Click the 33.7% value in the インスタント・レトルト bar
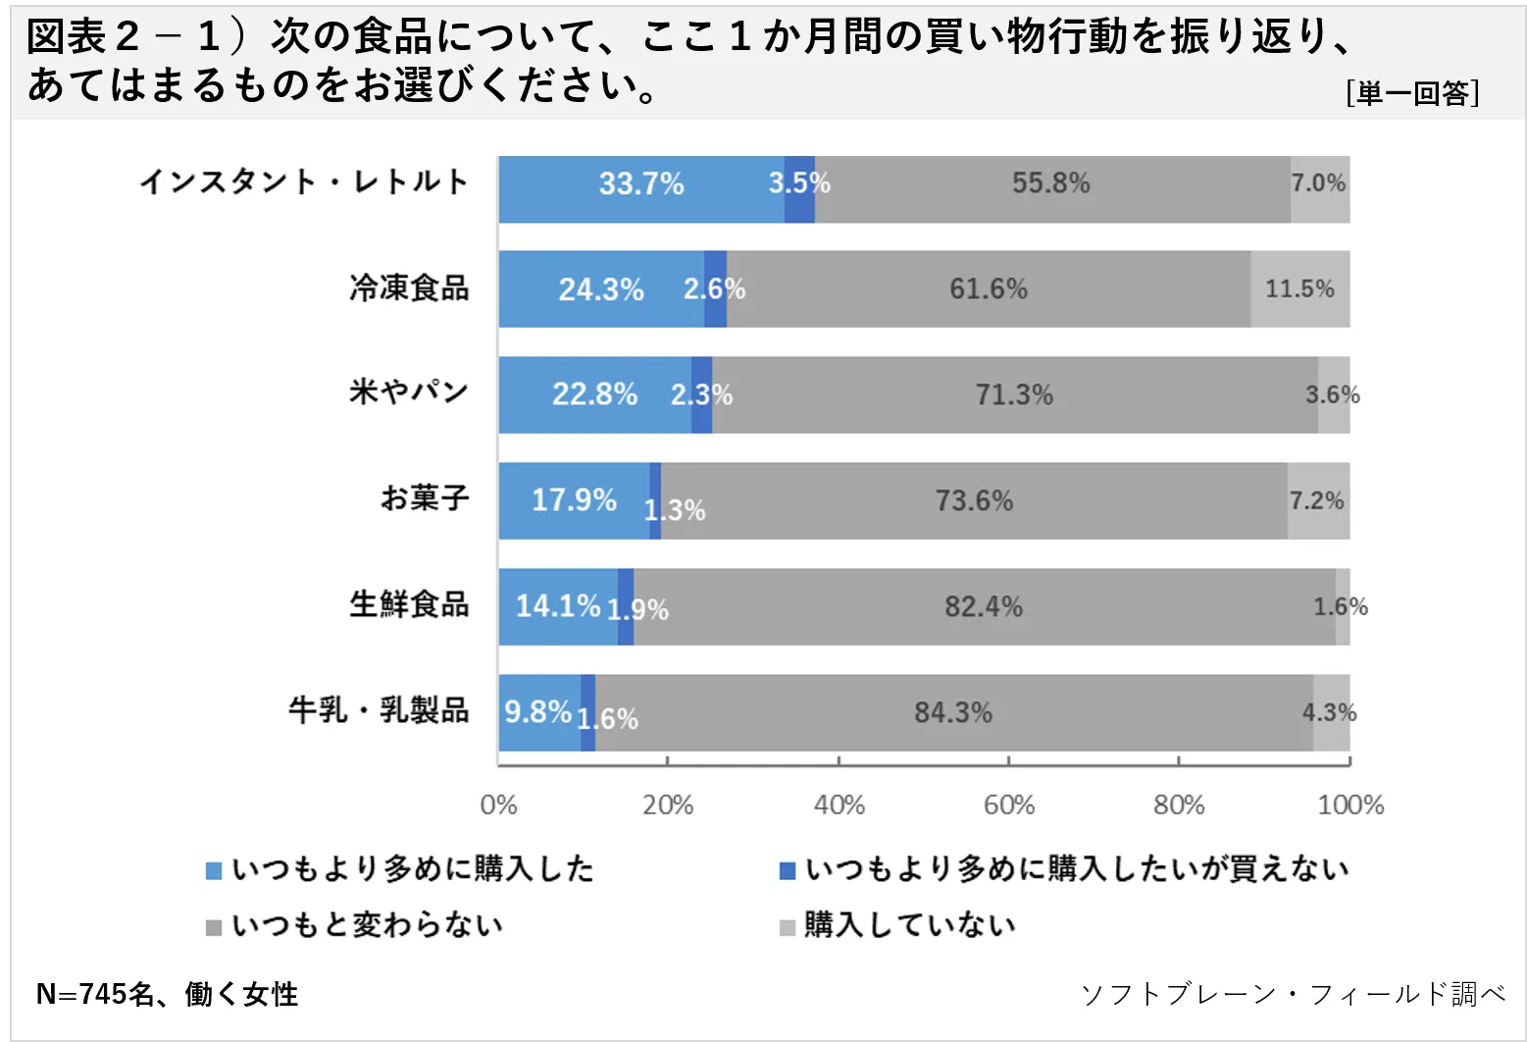click(x=641, y=183)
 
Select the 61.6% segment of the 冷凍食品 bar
click(x=988, y=288)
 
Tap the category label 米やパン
click(x=409, y=391)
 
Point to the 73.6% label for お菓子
click(x=974, y=500)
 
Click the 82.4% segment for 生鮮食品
click(x=984, y=606)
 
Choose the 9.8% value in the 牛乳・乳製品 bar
click(x=537, y=711)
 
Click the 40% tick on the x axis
click(x=839, y=806)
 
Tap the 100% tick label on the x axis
click(x=1350, y=806)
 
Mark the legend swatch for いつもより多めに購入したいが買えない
click(x=788, y=870)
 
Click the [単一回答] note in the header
click(x=1412, y=93)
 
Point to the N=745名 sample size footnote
click(x=167, y=994)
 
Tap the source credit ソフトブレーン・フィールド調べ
click(x=1293, y=994)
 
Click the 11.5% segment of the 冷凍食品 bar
click(x=1299, y=288)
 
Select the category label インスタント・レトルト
click(x=304, y=182)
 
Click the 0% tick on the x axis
click(x=498, y=806)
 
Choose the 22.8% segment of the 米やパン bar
click(x=594, y=394)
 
